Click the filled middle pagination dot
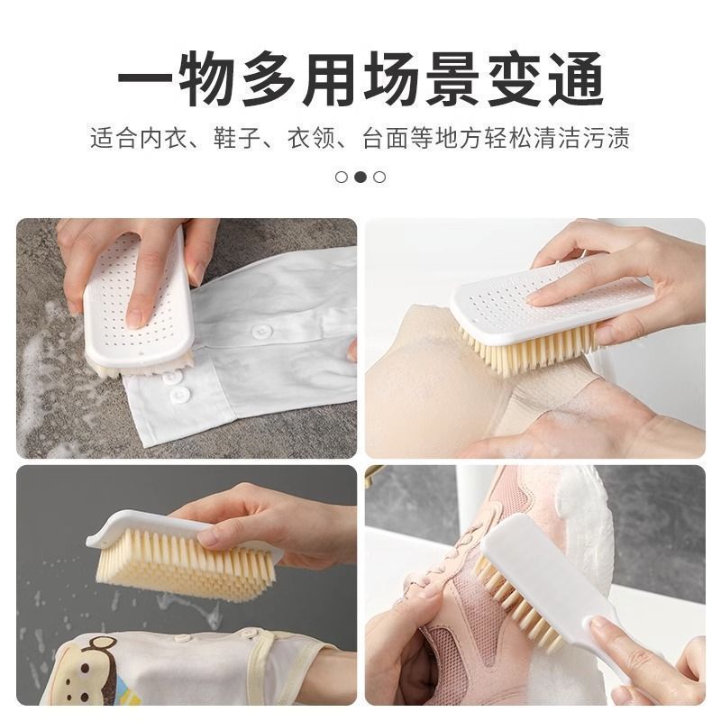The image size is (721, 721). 360,177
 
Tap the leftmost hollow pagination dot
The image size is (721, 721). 342,177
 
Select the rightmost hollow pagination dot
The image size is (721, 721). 379,177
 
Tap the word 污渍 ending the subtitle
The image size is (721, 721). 607,140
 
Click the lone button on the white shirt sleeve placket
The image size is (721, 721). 261,331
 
